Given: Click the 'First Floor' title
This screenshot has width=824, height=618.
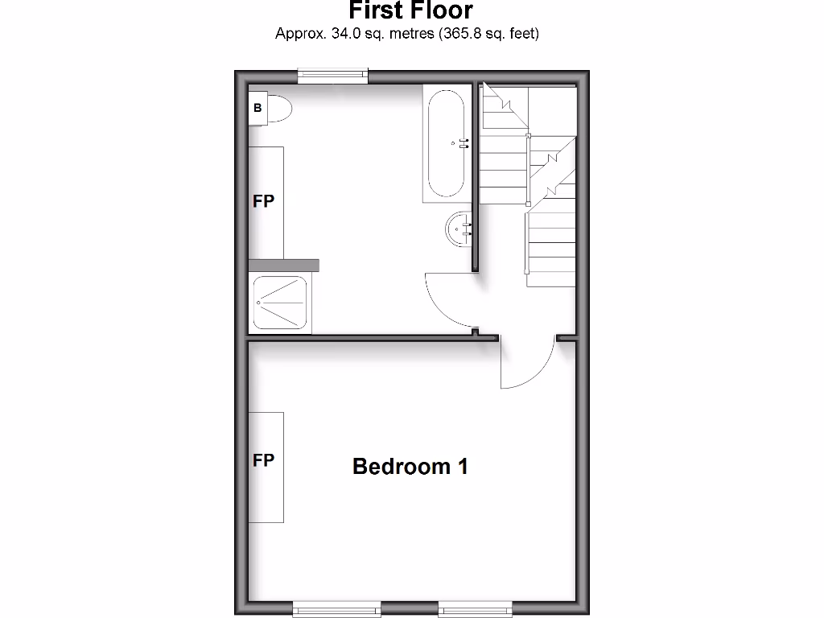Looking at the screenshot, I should coord(410,11).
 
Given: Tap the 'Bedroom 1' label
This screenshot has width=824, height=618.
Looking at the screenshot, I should coord(410,466).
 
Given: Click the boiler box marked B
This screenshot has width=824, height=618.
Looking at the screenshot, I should coord(257,108).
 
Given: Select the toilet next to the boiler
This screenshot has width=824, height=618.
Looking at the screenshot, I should coord(275,109).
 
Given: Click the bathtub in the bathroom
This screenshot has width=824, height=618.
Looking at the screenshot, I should coord(445,144).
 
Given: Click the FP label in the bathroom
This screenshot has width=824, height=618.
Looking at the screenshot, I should coord(263,201).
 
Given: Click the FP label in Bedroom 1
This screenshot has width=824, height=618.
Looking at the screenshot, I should coord(263,460).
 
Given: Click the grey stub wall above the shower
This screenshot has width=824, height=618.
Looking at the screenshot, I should coord(283,266).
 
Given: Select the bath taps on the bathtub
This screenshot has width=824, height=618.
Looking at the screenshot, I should coord(463,144).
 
